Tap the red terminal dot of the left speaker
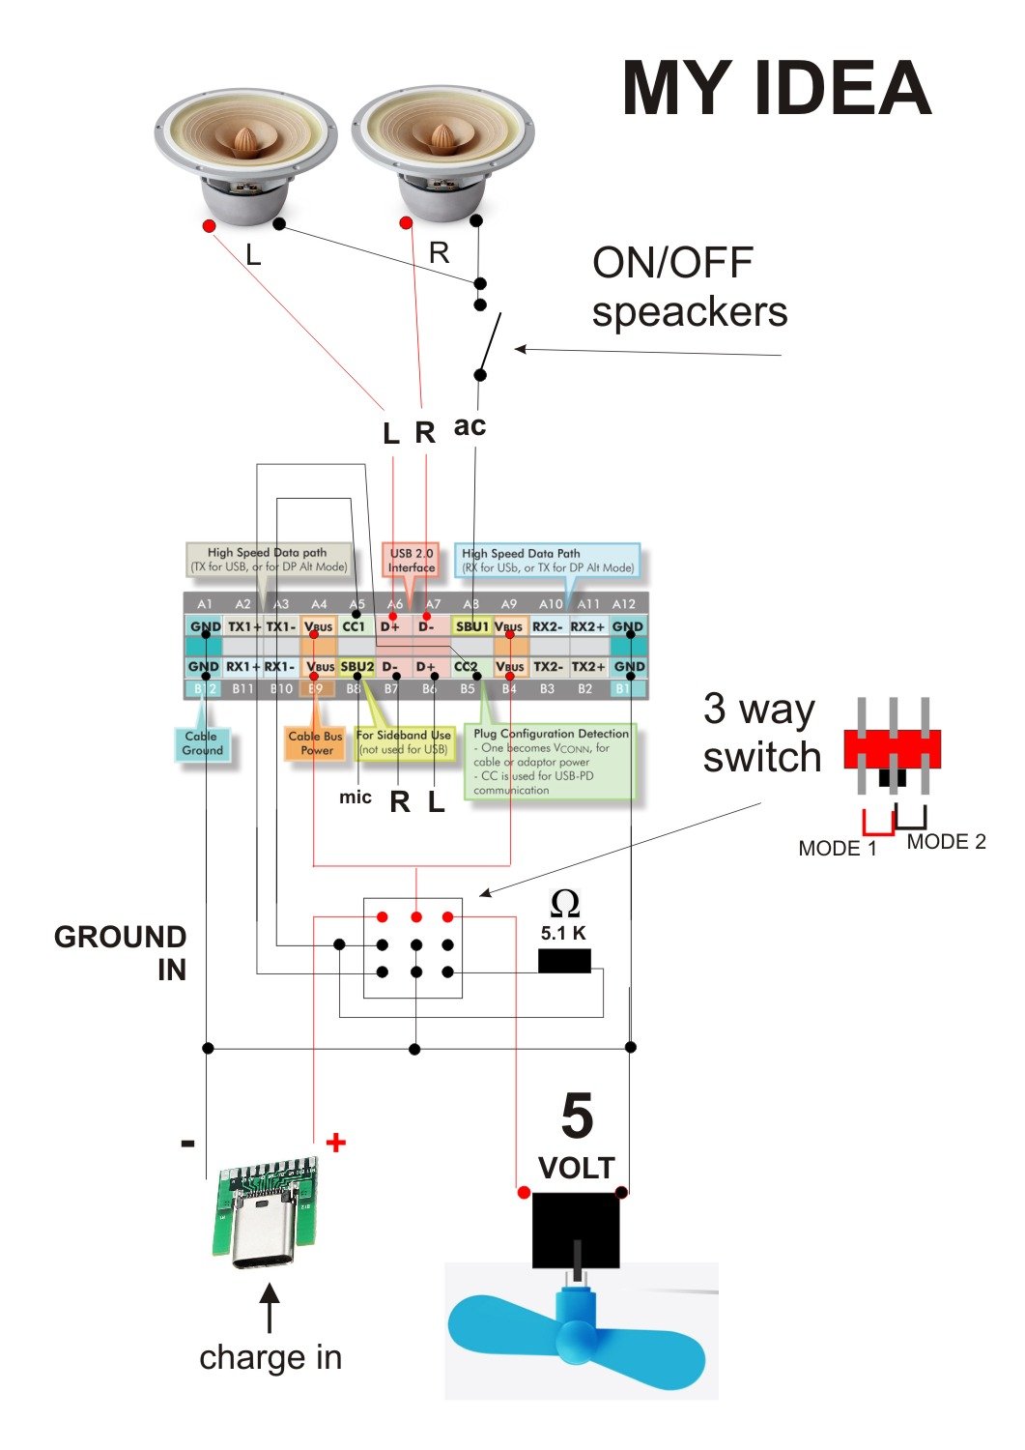[209, 225]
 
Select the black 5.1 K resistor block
[564, 961]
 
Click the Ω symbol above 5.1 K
[564, 905]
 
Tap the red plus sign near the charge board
[335, 1143]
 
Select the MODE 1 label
[837, 849]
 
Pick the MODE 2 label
[946, 842]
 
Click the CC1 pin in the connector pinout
[355, 626]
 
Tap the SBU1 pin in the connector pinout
[471, 626]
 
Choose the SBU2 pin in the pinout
[356, 667]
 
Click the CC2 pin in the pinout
[466, 667]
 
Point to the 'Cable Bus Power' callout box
[315, 742]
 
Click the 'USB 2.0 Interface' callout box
[412, 561]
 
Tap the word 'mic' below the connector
[355, 797]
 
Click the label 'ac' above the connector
[470, 426]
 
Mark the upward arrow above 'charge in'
[270, 1307]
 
